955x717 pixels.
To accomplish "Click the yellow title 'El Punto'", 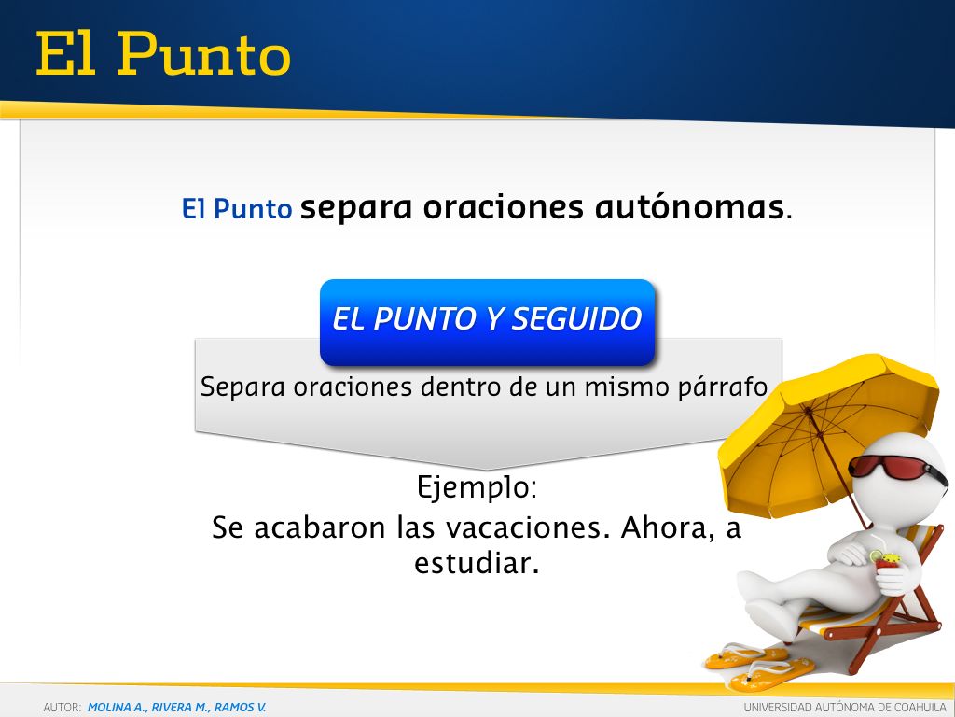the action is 163,54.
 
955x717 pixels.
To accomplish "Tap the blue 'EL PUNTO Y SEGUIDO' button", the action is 487,322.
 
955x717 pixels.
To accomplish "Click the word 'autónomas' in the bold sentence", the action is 689,206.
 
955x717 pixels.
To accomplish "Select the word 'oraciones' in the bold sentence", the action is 503,207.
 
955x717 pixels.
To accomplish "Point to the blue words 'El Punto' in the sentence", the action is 237,208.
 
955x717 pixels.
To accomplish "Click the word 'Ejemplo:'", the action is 477,487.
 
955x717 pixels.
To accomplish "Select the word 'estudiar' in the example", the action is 477,563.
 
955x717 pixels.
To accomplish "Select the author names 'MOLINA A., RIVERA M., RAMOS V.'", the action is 176,708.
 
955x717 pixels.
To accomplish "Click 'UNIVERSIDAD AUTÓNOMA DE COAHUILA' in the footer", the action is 845,708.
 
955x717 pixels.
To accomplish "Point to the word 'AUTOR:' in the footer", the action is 62,708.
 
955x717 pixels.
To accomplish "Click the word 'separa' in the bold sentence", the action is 357,208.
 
